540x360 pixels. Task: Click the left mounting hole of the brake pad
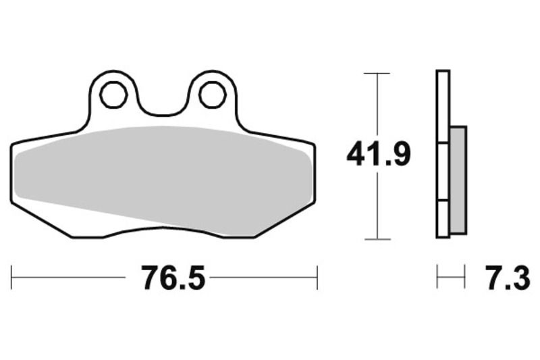coord(113,95)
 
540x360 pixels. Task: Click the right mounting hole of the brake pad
coord(213,95)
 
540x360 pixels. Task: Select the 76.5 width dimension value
coord(173,278)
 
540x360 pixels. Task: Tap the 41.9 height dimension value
coord(378,155)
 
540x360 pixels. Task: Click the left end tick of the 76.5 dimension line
coord(11,278)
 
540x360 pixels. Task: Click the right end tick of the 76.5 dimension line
coord(317,278)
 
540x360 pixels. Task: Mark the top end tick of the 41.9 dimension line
coord(377,72)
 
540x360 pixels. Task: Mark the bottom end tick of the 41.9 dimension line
coord(377,239)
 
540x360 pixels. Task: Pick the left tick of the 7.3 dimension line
coord(437,278)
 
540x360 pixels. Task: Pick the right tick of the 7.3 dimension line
coord(465,278)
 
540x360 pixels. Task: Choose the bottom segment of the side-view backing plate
coord(443,219)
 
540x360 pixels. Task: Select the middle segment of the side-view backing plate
coord(443,172)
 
